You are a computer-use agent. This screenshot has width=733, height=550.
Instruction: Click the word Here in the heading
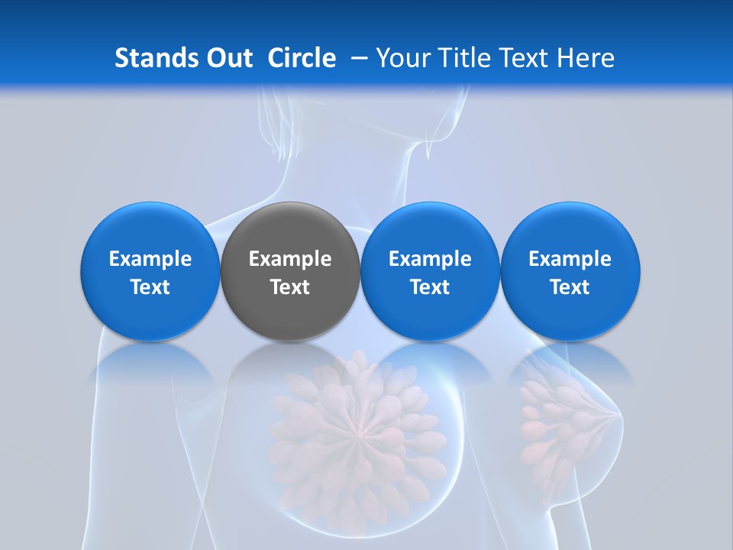[586, 58]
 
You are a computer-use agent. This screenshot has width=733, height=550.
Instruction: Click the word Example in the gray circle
[290, 259]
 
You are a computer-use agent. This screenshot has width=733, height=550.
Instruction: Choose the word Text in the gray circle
[290, 287]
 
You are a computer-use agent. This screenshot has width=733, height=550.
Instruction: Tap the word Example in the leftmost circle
[150, 259]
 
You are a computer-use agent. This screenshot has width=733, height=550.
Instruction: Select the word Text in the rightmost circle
[570, 287]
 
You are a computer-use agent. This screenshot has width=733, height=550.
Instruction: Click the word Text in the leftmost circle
[150, 287]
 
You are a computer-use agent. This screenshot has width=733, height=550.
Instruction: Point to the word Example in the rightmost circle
[570, 259]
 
